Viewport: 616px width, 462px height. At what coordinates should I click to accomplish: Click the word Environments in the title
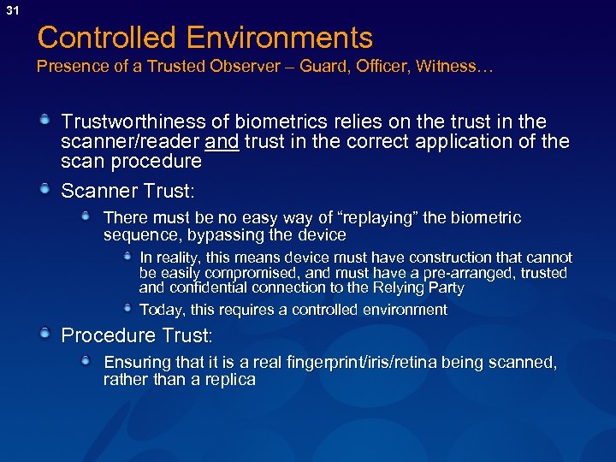point(281,38)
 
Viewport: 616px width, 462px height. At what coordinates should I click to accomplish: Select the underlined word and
point(222,141)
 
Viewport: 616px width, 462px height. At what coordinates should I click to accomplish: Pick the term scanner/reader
point(132,141)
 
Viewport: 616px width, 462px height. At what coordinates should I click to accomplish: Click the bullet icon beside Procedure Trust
point(44,333)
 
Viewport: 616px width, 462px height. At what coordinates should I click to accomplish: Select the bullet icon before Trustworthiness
point(44,121)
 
